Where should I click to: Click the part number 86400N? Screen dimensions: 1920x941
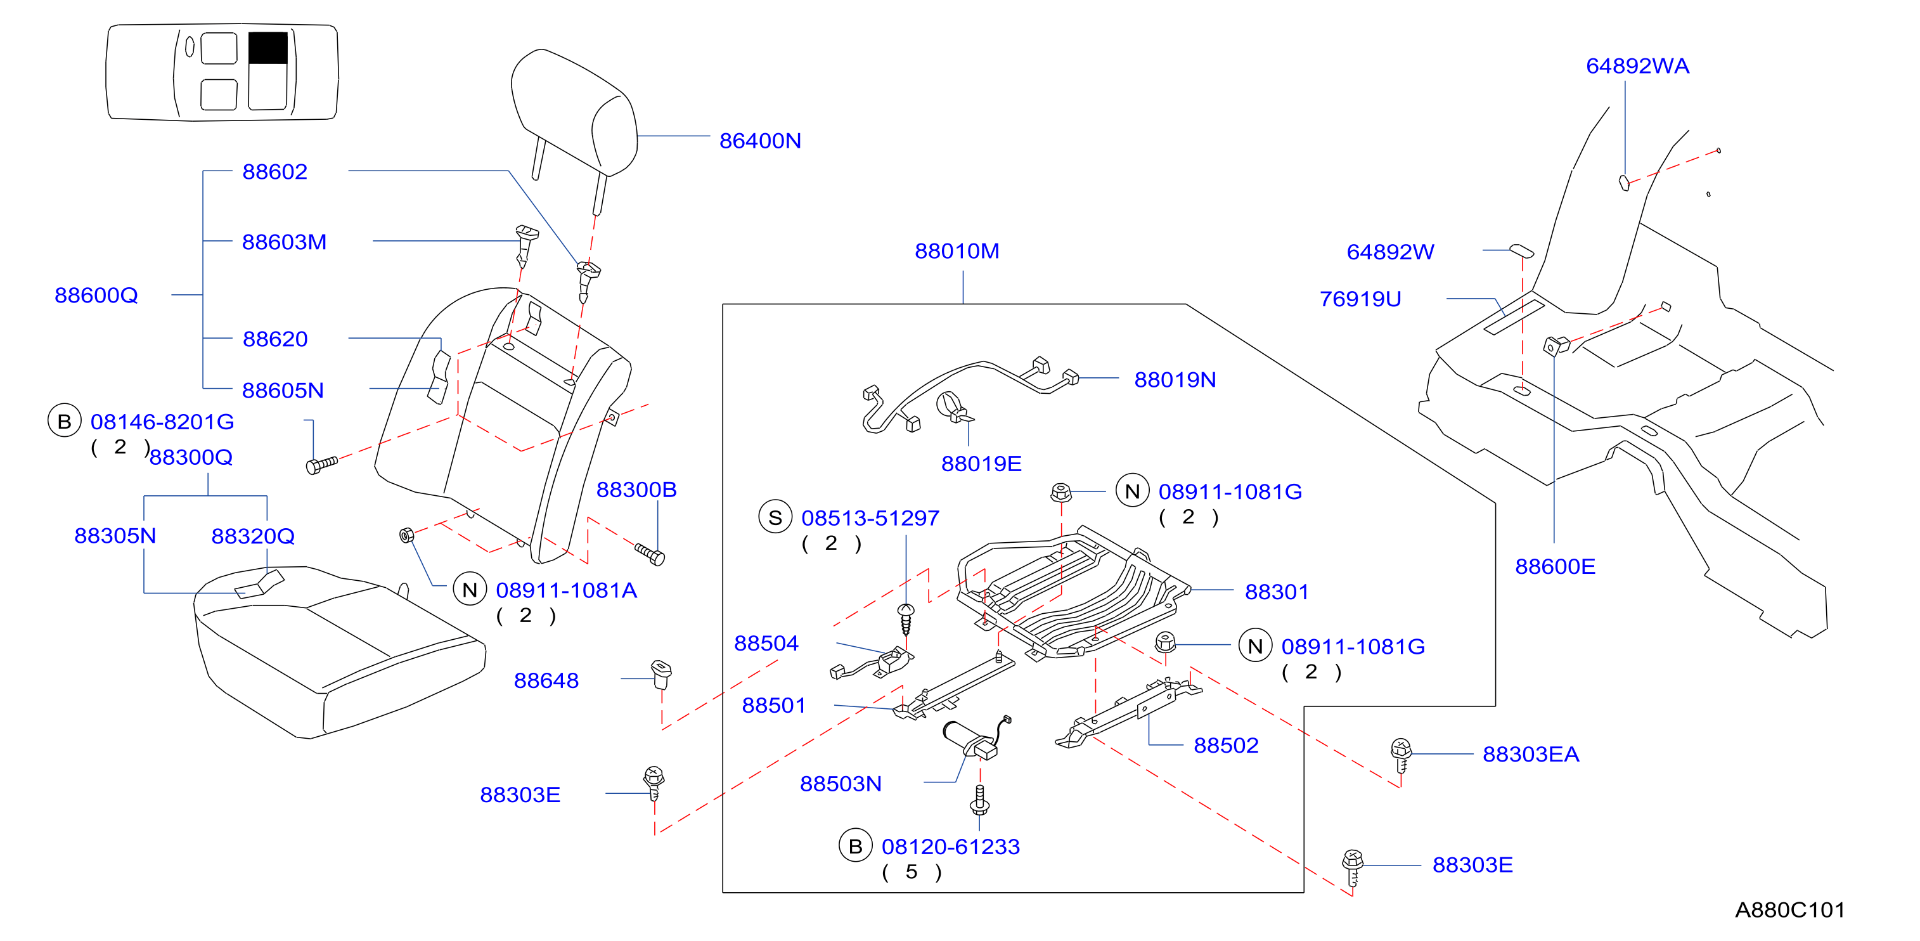(x=759, y=141)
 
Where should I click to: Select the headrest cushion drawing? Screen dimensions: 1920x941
(x=574, y=112)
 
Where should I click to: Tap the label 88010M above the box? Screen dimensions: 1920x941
(x=957, y=251)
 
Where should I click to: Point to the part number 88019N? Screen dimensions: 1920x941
(x=1175, y=380)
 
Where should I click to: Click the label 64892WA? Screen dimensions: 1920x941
(x=1637, y=67)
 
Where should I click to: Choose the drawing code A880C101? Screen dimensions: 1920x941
(x=1789, y=910)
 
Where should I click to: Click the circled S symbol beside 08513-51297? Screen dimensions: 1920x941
(x=775, y=517)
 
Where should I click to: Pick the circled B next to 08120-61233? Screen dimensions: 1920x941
(x=856, y=845)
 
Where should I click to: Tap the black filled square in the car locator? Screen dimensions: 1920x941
(x=267, y=48)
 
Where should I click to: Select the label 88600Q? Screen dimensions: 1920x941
(x=96, y=295)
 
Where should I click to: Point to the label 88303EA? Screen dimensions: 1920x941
(x=1530, y=755)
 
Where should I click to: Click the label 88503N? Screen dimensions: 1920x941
(x=840, y=784)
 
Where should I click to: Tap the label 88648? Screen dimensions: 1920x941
(x=546, y=681)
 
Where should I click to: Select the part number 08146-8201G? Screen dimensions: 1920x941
(x=162, y=422)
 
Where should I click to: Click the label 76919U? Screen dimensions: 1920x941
(x=1360, y=299)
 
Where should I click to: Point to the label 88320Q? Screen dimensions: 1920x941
(x=253, y=536)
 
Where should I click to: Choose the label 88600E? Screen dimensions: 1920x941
(x=1555, y=567)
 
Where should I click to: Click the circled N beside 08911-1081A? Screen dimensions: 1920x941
(x=470, y=590)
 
